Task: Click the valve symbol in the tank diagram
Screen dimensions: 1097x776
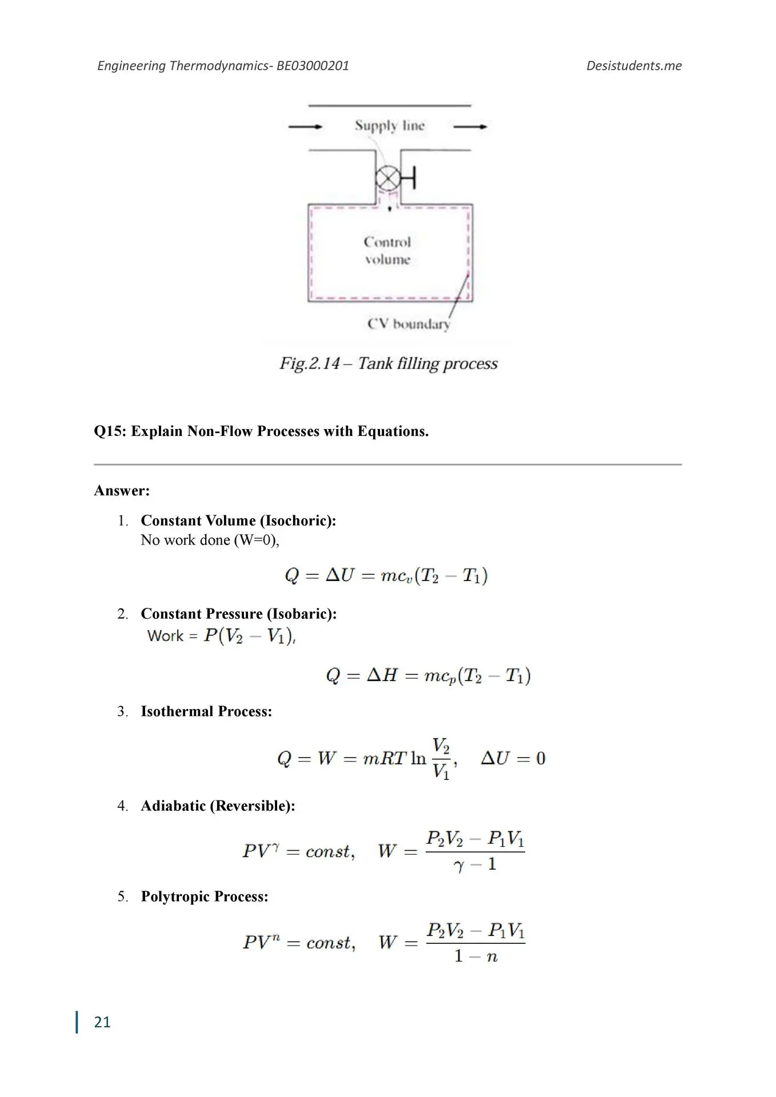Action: coord(389,179)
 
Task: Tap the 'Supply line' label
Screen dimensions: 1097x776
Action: coord(389,126)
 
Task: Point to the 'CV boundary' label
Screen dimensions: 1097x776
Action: coord(409,324)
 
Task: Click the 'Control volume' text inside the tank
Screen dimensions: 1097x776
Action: coord(387,251)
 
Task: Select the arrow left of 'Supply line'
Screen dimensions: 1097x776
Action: coord(306,126)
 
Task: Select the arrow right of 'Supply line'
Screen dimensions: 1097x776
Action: coord(470,126)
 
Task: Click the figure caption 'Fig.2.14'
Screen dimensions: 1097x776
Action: coord(309,363)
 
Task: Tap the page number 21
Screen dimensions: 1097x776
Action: coord(102,1022)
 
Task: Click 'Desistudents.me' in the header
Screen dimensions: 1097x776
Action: coord(634,66)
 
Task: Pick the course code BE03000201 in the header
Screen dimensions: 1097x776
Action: coord(313,66)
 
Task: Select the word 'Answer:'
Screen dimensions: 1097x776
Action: coord(122,491)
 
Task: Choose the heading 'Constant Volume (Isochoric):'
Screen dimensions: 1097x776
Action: coord(238,521)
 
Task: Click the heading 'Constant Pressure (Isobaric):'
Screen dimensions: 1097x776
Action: coord(238,614)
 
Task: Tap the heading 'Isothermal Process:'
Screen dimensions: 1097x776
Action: coord(206,711)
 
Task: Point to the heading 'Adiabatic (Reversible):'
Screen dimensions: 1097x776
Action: coord(218,806)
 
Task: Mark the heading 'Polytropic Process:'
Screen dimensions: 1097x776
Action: coord(205,896)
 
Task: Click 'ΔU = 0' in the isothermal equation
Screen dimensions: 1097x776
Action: coord(513,759)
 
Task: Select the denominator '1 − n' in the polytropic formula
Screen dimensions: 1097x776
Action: coord(475,956)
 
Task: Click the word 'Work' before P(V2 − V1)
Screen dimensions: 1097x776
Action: coord(165,636)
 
